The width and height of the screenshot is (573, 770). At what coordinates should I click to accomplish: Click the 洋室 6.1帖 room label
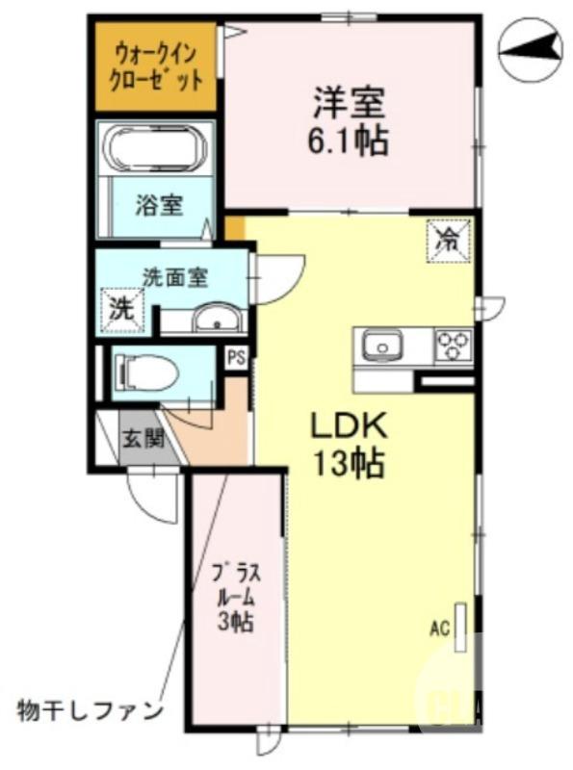pyautogui.click(x=349, y=121)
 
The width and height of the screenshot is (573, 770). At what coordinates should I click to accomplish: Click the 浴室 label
pyautogui.click(x=159, y=204)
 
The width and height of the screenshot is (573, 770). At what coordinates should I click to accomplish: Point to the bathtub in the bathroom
pyautogui.click(x=157, y=151)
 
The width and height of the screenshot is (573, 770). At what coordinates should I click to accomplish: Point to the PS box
pyautogui.click(x=236, y=358)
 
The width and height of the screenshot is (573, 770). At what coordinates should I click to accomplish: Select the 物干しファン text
pyautogui.click(x=90, y=711)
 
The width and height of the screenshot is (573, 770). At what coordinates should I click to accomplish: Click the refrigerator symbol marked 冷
pyautogui.click(x=448, y=239)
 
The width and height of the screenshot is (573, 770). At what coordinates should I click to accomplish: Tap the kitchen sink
pyautogui.click(x=383, y=345)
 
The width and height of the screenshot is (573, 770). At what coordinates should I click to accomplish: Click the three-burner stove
pyautogui.click(x=454, y=345)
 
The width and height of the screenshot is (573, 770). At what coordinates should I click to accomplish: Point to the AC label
pyautogui.click(x=440, y=630)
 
